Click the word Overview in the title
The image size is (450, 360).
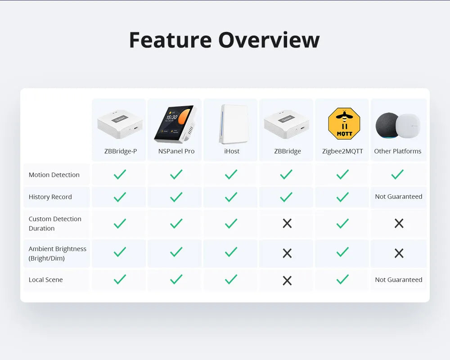point(269,40)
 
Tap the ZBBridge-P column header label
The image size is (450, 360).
point(121,151)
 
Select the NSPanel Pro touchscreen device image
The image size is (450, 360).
point(175,124)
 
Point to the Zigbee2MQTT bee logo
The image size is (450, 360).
point(344,124)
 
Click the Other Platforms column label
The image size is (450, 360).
point(397,151)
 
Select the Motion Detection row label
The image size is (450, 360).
point(54,175)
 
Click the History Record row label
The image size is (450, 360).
point(50,197)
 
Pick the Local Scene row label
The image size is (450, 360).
point(45,279)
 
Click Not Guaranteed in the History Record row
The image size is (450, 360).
point(399,197)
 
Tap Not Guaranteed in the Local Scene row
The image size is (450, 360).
point(399,279)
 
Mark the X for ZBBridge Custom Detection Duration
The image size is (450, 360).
point(287,223)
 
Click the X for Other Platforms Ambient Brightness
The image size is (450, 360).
point(399,253)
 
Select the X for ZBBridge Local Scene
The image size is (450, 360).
point(287,280)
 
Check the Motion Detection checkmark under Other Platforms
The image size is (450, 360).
point(397,174)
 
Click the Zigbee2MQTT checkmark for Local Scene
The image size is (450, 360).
point(342,279)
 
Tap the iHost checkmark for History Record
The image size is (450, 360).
point(231,197)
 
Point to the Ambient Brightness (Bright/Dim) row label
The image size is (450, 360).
point(58,253)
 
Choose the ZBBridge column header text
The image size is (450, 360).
point(288,151)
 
